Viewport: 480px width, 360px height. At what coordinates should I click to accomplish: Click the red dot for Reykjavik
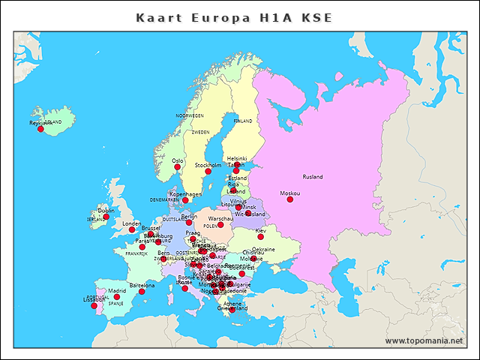(x=40, y=129)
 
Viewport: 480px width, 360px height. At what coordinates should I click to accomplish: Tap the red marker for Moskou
(x=289, y=199)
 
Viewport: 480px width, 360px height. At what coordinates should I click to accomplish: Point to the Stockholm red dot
(x=208, y=172)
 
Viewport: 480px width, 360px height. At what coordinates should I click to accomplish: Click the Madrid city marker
(x=116, y=297)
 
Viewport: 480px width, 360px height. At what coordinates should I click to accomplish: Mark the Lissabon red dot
(x=94, y=305)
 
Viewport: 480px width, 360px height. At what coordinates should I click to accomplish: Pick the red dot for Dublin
(x=106, y=217)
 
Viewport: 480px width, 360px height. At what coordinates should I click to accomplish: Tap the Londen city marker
(x=132, y=229)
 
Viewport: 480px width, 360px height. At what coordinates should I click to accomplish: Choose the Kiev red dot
(x=260, y=237)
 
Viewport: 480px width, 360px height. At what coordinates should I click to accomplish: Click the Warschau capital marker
(x=220, y=224)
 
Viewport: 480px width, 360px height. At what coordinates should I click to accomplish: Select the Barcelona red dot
(x=142, y=292)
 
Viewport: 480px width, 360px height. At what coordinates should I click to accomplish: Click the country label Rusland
(x=313, y=177)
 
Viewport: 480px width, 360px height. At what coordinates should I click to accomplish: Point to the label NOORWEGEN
(x=190, y=116)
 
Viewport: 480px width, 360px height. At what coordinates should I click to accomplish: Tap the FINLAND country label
(x=243, y=121)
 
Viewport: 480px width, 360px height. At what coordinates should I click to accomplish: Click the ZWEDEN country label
(x=200, y=132)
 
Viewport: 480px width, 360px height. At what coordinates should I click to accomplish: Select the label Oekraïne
(x=263, y=249)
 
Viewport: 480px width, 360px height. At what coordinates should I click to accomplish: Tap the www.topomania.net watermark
(x=424, y=341)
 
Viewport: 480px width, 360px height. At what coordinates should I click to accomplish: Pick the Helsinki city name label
(x=237, y=159)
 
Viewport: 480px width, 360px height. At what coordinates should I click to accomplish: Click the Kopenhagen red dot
(x=185, y=200)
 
